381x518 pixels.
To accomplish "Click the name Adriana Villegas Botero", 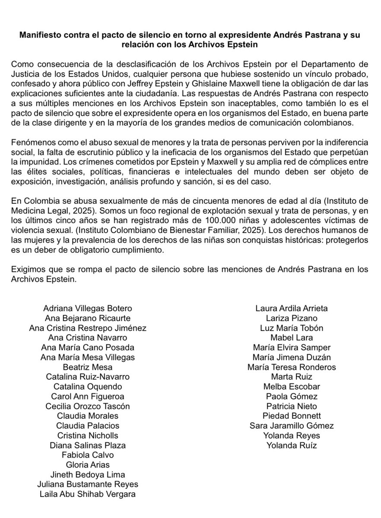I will click(88, 308).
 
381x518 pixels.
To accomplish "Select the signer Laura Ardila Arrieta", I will click(292, 308).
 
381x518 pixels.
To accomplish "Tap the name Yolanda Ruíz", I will click(292, 445).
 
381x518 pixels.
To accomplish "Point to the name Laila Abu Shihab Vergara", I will click(88, 494).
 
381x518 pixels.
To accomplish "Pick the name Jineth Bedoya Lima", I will click(88, 474).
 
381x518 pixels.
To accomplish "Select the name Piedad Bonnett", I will click(292, 416).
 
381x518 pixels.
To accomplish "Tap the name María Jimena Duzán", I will click(292, 357).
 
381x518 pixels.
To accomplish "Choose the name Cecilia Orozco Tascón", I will click(88, 406).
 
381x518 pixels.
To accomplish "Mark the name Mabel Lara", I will click(292, 338).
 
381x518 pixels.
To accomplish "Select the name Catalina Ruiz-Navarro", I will click(88, 376).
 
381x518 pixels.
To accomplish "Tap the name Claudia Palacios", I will click(88, 425).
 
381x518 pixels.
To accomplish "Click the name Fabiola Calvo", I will click(88, 455).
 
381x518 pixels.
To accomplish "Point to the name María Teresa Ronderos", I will click(292, 367).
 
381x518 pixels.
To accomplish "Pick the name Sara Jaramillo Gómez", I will click(292, 425).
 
